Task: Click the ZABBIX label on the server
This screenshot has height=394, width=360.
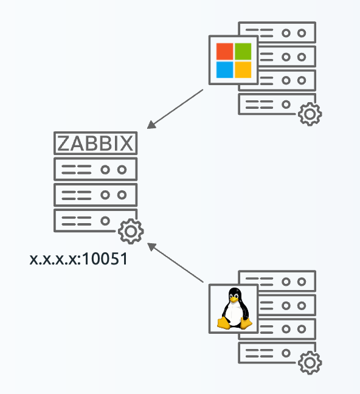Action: pyautogui.click(x=95, y=144)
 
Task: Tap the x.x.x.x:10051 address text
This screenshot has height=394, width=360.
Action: pyautogui.click(x=78, y=259)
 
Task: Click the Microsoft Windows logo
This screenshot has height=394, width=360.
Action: pyautogui.click(x=234, y=61)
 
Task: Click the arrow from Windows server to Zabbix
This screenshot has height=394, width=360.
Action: pyautogui.click(x=176, y=109)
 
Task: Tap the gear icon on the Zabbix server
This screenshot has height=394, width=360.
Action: pyautogui.click(x=130, y=231)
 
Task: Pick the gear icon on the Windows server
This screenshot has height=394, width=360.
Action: pyautogui.click(x=310, y=114)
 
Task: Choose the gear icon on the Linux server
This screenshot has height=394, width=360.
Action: pyautogui.click(x=310, y=363)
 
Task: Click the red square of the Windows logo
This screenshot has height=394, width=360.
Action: pyautogui.click(x=225, y=52)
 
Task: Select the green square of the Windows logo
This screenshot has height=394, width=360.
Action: pyautogui.click(x=243, y=52)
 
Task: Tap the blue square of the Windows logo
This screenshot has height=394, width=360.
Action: pyautogui.click(x=225, y=70)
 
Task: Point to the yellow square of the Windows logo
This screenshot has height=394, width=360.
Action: pyautogui.click(x=243, y=70)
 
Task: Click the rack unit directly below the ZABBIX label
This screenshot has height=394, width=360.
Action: pyautogui.click(x=95, y=169)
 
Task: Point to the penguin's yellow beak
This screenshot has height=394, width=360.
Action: pyautogui.click(x=233, y=299)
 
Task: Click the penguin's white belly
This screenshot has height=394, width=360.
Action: pyautogui.click(x=234, y=314)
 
